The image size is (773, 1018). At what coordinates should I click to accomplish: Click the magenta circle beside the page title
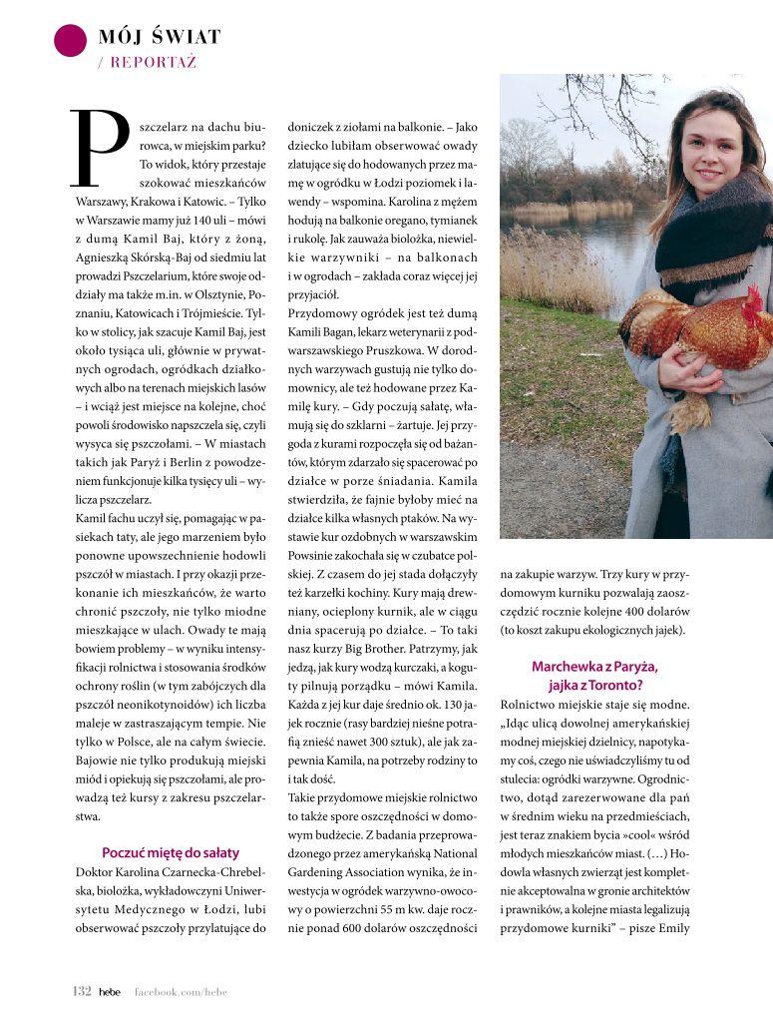point(70,39)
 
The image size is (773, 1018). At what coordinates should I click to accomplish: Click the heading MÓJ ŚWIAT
point(160,38)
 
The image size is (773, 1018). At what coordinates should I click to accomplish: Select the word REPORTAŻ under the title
point(154,62)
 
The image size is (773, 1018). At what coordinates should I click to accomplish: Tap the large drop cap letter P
point(101,149)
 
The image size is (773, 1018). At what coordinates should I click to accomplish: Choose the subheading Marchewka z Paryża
point(594,666)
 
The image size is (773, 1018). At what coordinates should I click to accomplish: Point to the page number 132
point(82,991)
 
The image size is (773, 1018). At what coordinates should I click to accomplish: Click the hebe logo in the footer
point(109,991)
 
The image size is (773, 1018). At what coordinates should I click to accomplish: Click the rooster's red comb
point(752,298)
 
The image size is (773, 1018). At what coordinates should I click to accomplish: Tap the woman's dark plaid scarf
point(713,240)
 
